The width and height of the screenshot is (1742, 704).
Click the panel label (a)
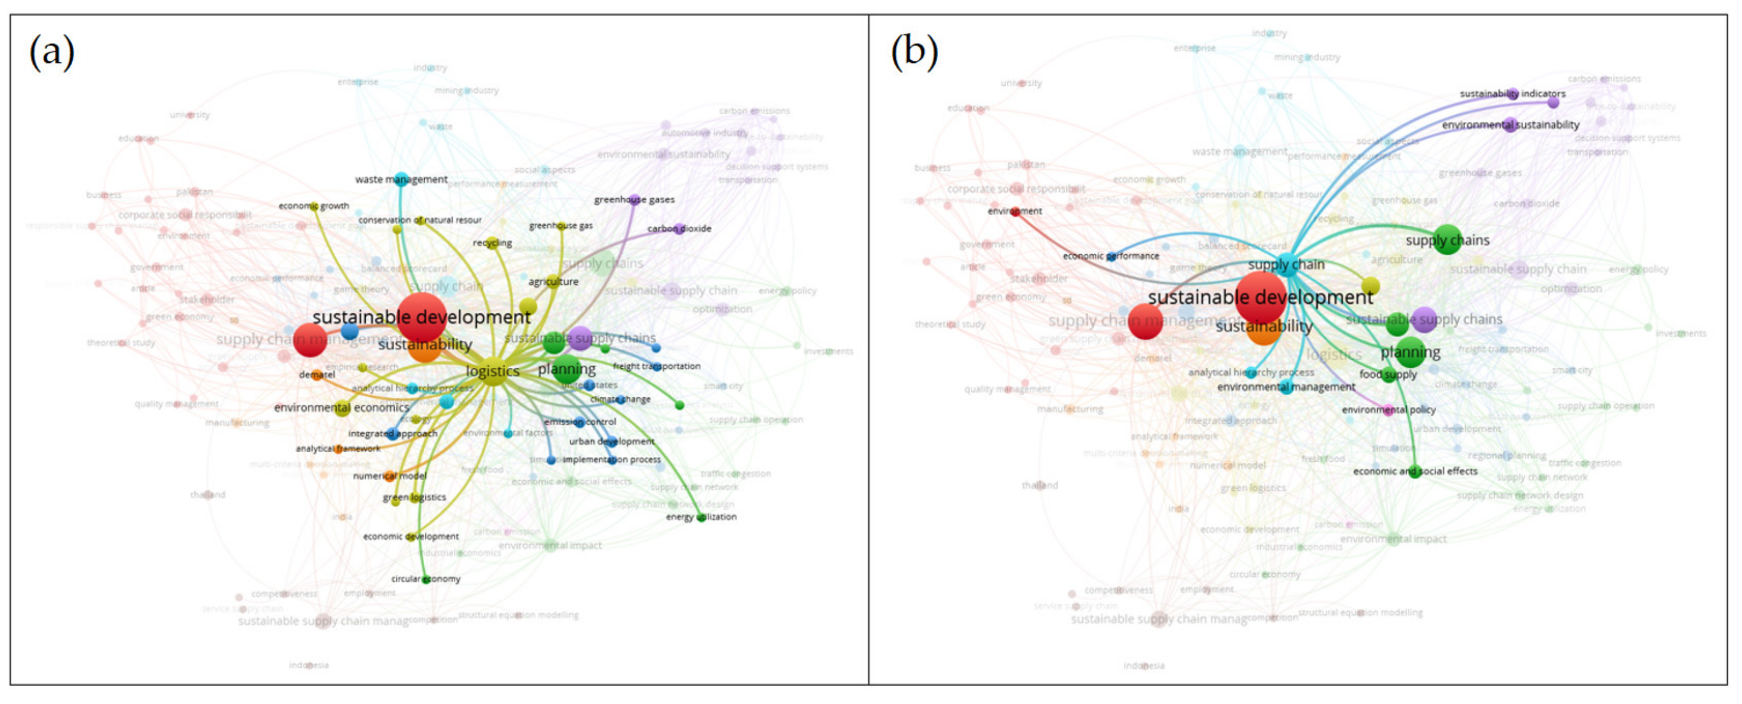tap(52, 52)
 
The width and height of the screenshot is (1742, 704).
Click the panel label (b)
tap(914, 52)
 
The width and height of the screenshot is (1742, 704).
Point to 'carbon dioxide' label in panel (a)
tap(679, 229)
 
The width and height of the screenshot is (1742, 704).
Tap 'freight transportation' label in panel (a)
tap(656, 366)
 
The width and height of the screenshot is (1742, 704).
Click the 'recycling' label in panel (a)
tap(492, 243)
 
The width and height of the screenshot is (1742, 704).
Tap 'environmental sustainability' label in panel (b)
tap(1510, 125)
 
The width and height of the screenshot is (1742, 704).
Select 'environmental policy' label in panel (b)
tap(1388, 410)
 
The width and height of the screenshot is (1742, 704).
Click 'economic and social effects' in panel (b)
tap(1415, 471)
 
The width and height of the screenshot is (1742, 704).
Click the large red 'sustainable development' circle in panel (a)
tap(421, 316)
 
